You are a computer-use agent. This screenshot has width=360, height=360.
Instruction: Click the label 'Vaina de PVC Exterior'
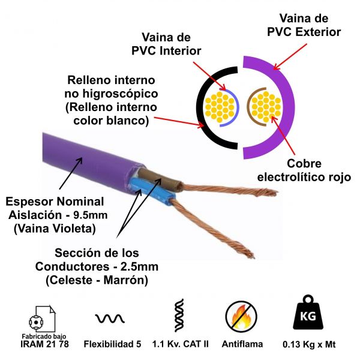click(304, 25)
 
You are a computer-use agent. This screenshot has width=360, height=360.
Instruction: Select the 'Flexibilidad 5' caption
click(112, 344)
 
